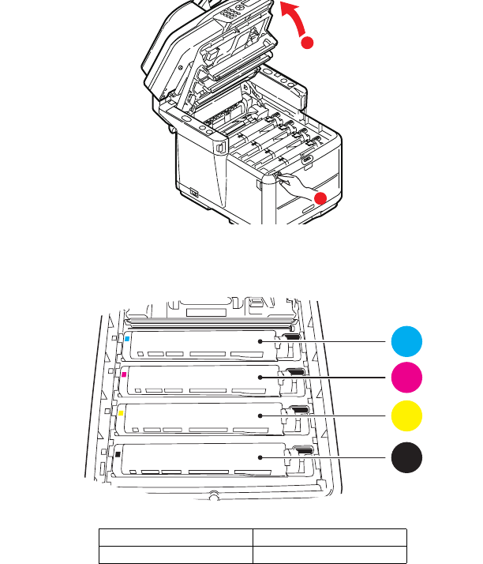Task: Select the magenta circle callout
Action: (x=406, y=378)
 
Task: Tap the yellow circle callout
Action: (x=406, y=415)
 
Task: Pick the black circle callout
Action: (x=406, y=458)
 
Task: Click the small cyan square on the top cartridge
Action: (x=127, y=338)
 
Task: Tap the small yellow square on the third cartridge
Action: (x=121, y=412)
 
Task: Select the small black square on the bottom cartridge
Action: (x=118, y=454)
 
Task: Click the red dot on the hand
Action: (x=320, y=198)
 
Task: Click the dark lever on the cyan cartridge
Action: (x=291, y=337)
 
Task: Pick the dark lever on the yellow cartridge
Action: (x=300, y=409)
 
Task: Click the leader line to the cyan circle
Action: (x=347, y=342)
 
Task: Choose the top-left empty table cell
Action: (x=175, y=536)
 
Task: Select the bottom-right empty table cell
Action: (x=329, y=554)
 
